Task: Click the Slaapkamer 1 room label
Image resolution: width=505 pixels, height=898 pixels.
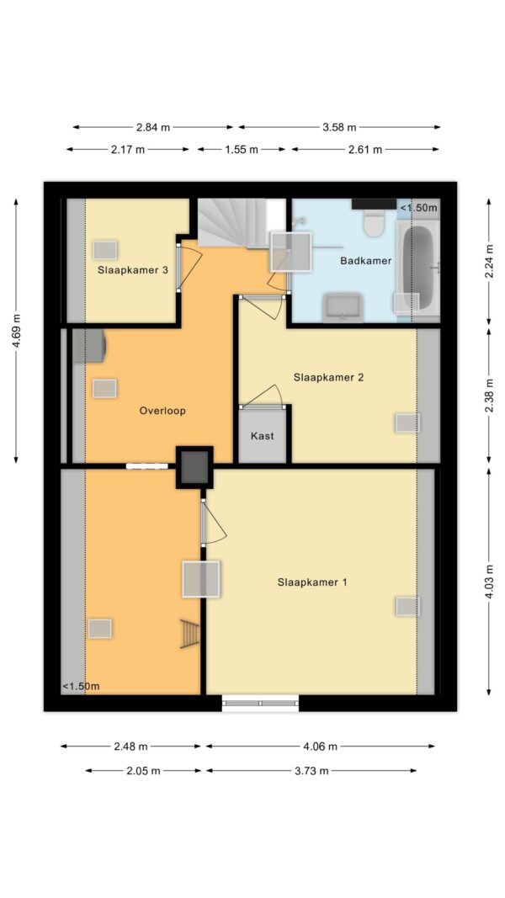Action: (x=312, y=582)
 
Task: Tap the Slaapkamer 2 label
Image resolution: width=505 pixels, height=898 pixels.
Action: (x=328, y=377)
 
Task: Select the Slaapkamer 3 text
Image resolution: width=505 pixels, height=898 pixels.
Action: (x=132, y=270)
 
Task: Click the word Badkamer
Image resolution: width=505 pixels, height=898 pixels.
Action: (x=366, y=261)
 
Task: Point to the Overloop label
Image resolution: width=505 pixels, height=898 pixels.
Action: (x=162, y=411)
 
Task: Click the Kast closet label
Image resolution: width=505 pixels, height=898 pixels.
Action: (x=263, y=436)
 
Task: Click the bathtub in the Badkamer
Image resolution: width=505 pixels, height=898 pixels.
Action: (x=418, y=268)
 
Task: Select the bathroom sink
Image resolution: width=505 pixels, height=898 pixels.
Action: (x=343, y=307)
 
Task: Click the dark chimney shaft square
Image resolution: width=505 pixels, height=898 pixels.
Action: (x=194, y=467)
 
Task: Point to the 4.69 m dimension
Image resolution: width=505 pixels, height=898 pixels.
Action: (x=16, y=331)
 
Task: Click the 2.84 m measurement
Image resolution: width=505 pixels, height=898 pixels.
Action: (x=153, y=127)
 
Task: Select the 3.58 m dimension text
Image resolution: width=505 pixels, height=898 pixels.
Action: (x=339, y=127)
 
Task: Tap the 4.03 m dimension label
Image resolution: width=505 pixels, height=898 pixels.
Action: (x=488, y=582)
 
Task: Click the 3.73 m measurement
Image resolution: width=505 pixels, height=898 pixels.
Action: (x=311, y=771)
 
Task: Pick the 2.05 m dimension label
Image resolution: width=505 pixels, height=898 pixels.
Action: (x=143, y=771)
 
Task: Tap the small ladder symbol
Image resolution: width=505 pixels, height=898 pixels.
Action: (x=190, y=634)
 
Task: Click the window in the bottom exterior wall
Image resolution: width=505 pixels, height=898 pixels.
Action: (x=261, y=704)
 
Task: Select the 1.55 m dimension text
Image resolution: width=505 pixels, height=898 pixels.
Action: (x=241, y=150)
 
